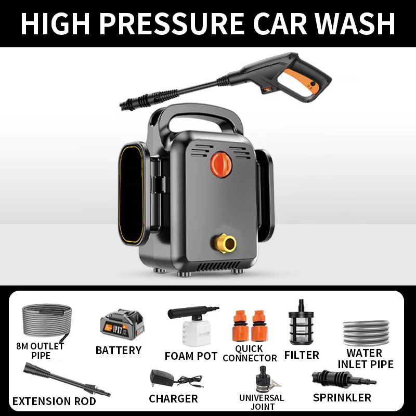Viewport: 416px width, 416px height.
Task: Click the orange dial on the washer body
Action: [x=221, y=164]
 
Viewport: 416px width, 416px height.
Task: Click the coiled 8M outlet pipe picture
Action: [x=46, y=320]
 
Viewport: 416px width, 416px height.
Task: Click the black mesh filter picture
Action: [x=301, y=324]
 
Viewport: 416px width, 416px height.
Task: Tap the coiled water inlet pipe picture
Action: [x=366, y=333]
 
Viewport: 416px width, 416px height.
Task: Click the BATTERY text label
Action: [x=119, y=350]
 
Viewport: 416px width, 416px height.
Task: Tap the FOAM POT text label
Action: [x=191, y=356]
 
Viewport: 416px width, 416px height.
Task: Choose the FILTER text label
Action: [x=302, y=355]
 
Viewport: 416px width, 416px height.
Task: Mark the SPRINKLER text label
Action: [x=342, y=398]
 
